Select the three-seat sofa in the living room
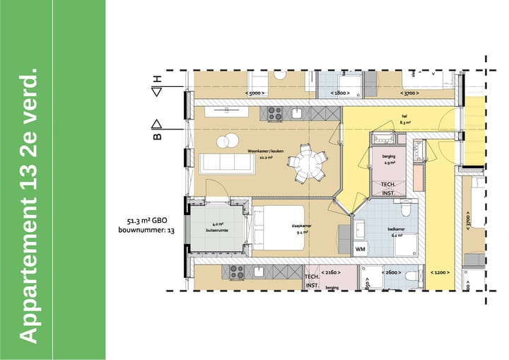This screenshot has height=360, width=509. click(226, 163)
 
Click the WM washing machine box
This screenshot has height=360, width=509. click(360, 249)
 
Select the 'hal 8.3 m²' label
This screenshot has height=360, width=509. click(405, 119)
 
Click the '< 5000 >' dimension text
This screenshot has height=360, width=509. click(255, 93)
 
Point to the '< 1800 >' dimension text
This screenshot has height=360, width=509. click(339, 93)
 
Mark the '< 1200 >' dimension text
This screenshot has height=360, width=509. click(440, 273)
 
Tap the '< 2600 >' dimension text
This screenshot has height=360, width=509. click(391, 273)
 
